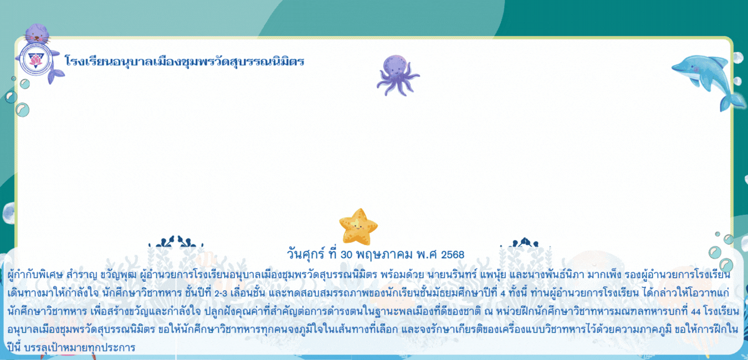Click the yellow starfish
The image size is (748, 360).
click(358, 227)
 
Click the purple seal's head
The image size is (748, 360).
click(37, 34)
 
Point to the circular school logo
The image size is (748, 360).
click(35, 60)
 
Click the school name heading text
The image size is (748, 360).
click(185, 61)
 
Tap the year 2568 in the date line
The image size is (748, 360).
click(453, 255)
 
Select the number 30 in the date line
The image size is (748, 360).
click(346, 255)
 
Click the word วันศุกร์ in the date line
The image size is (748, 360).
click(305, 254)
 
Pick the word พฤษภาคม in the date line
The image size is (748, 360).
click(385, 255)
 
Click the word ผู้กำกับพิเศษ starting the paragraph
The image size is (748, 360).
click(35, 275)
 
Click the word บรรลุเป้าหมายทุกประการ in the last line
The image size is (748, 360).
click(80, 348)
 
